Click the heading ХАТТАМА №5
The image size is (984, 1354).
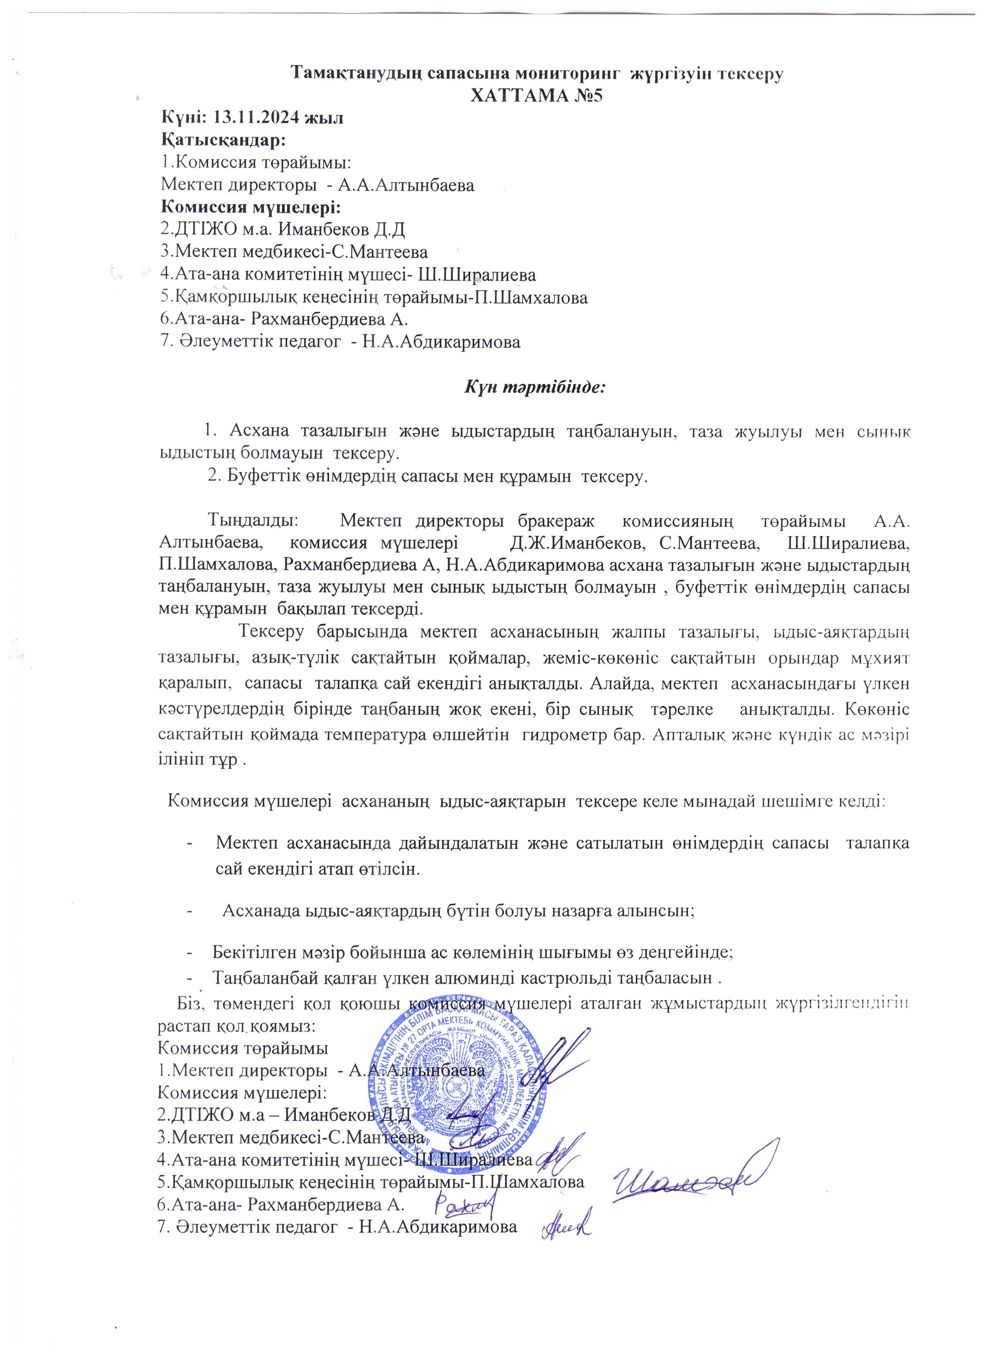536,96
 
